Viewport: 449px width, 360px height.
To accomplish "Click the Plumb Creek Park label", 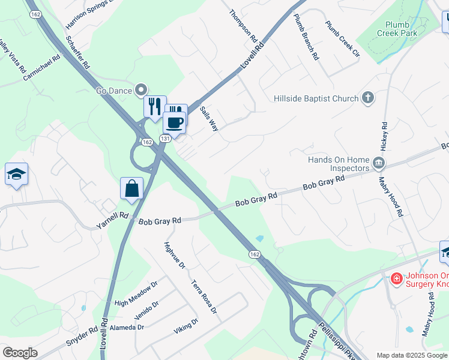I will pyautogui.click(x=397, y=29).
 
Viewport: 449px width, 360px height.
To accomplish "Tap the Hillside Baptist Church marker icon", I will pyautogui.click(x=368, y=98).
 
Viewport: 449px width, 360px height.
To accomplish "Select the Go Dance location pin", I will pyautogui.click(x=142, y=91).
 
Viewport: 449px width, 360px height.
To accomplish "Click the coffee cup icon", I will pyautogui.click(x=174, y=122).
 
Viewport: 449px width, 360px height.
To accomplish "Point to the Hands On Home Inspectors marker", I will pyautogui.click(x=378, y=163).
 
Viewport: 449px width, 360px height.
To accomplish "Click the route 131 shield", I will pyautogui.click(x=166, y=139).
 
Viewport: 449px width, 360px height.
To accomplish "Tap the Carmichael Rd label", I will pyautogui.click(x=42, y=68).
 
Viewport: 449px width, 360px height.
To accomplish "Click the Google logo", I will pyautogui.click(x=20, y=353).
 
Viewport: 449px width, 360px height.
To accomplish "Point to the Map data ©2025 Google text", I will pyautogui.click(x=411, y=355).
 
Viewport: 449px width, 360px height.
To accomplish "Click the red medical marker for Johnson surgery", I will pyautogui.click(x=396, y=278).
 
